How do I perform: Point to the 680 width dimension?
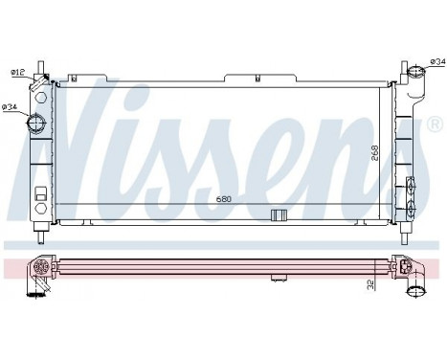pyautogui.click(x=224, y=198)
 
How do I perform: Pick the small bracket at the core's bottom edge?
pyautogui.click(x=279, y=214)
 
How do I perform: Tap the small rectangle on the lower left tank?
pyautogui.click(x=40, y=204)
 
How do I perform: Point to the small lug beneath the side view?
pyautogui.click(x=279, y=281)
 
